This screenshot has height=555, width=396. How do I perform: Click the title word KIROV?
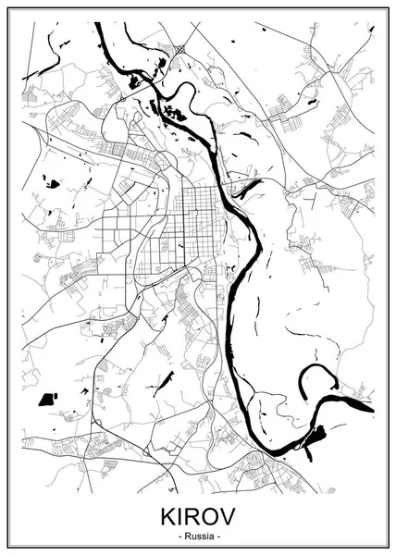pos(198,514)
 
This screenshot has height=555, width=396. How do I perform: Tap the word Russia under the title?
pos(198,536)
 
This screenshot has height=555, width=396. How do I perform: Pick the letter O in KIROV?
pos(213,514)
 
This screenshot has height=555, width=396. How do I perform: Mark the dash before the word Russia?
pos(177,536)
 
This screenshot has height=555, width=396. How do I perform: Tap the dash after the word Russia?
pos(219,536)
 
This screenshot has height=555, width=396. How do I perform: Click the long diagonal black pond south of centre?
pos(167,379)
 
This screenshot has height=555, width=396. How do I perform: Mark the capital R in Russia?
pos(184,536)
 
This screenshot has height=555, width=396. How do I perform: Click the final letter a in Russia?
pos(211,536)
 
